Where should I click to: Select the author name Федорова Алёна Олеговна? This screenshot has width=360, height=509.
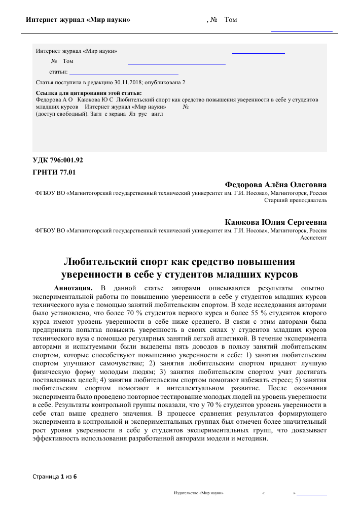pyautogui.click(x=275, y=184)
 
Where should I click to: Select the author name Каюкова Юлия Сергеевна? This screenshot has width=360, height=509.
pyautogui.click(x=276, y=222)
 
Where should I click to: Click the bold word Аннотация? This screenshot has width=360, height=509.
pyautogui.click(x=73, y=288)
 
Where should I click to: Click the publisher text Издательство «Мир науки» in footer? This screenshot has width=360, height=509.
pyautogui.click(x=199, y=493)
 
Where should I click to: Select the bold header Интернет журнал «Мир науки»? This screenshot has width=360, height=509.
pyautogui.click(x=78, y=20)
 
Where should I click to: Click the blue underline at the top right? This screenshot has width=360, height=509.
pyautogui.click(x=302, y=31)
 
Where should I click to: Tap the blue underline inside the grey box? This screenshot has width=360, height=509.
pyautogui.click(x=176, y=64)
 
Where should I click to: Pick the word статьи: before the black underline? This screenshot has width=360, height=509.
pyautogui.click(x=58, y=72)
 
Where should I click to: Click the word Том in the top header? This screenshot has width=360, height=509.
pyautogui.click(x=230, y=20)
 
